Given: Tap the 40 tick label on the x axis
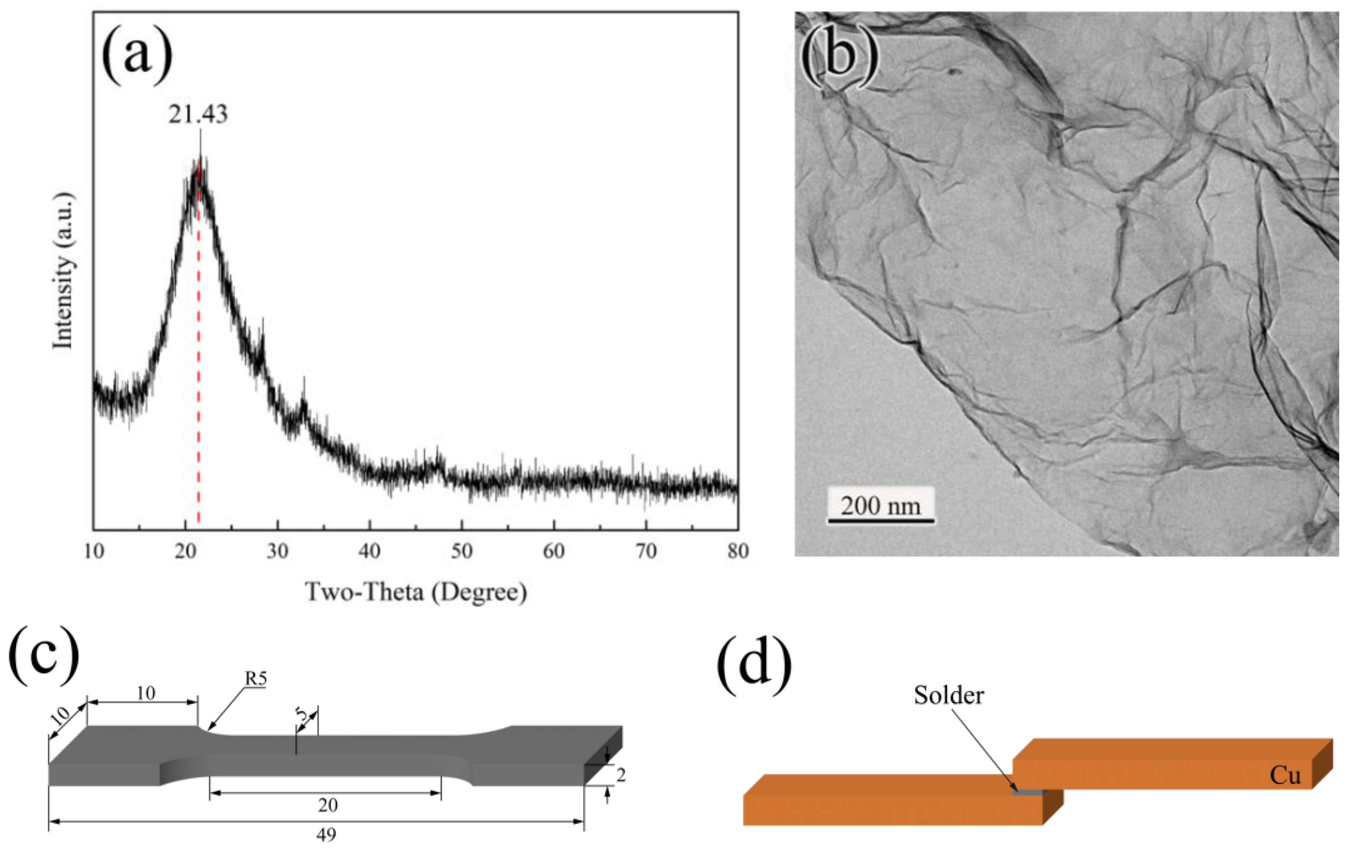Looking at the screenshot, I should (x=370, y=552).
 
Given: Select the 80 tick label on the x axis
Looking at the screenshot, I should (x=738, y=552).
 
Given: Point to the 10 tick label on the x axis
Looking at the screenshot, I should (x=94, y=552).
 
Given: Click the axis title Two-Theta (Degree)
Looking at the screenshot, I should (x=416, y=592).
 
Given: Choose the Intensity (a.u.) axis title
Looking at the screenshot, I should (x=63, y=271).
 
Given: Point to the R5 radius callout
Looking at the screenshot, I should (x=255, y=679).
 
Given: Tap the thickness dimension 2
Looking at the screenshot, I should (x=621, y=776).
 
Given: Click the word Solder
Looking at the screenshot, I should (x=949, y=695).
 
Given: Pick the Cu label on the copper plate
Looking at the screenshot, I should (x=1285, y=776).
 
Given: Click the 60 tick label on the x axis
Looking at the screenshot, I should (x=554, y=552).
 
